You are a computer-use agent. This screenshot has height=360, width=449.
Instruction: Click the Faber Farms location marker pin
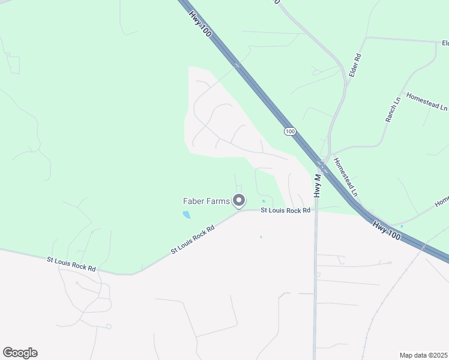point(239,201)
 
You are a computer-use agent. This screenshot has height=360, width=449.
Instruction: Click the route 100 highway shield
point(290,131)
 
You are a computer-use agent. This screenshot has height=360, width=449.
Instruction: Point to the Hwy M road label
point(317,185)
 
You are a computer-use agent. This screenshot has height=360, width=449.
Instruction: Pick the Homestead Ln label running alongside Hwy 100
point(345,178)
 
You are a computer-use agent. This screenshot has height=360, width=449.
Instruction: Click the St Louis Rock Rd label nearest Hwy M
point(285,211)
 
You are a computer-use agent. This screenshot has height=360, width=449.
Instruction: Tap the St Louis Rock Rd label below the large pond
point(192,239)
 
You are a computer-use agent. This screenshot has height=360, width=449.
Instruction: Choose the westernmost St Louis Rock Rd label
point(71,264)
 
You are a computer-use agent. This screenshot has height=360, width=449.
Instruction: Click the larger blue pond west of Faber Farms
point(187,214)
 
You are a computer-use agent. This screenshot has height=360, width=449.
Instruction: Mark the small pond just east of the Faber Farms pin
point(264,201)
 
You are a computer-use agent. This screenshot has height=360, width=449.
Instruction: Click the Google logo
point(20,353)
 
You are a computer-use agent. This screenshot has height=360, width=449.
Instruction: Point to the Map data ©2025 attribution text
point(423,355)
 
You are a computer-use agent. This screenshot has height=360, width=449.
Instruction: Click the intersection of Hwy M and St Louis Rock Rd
point(316,211)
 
